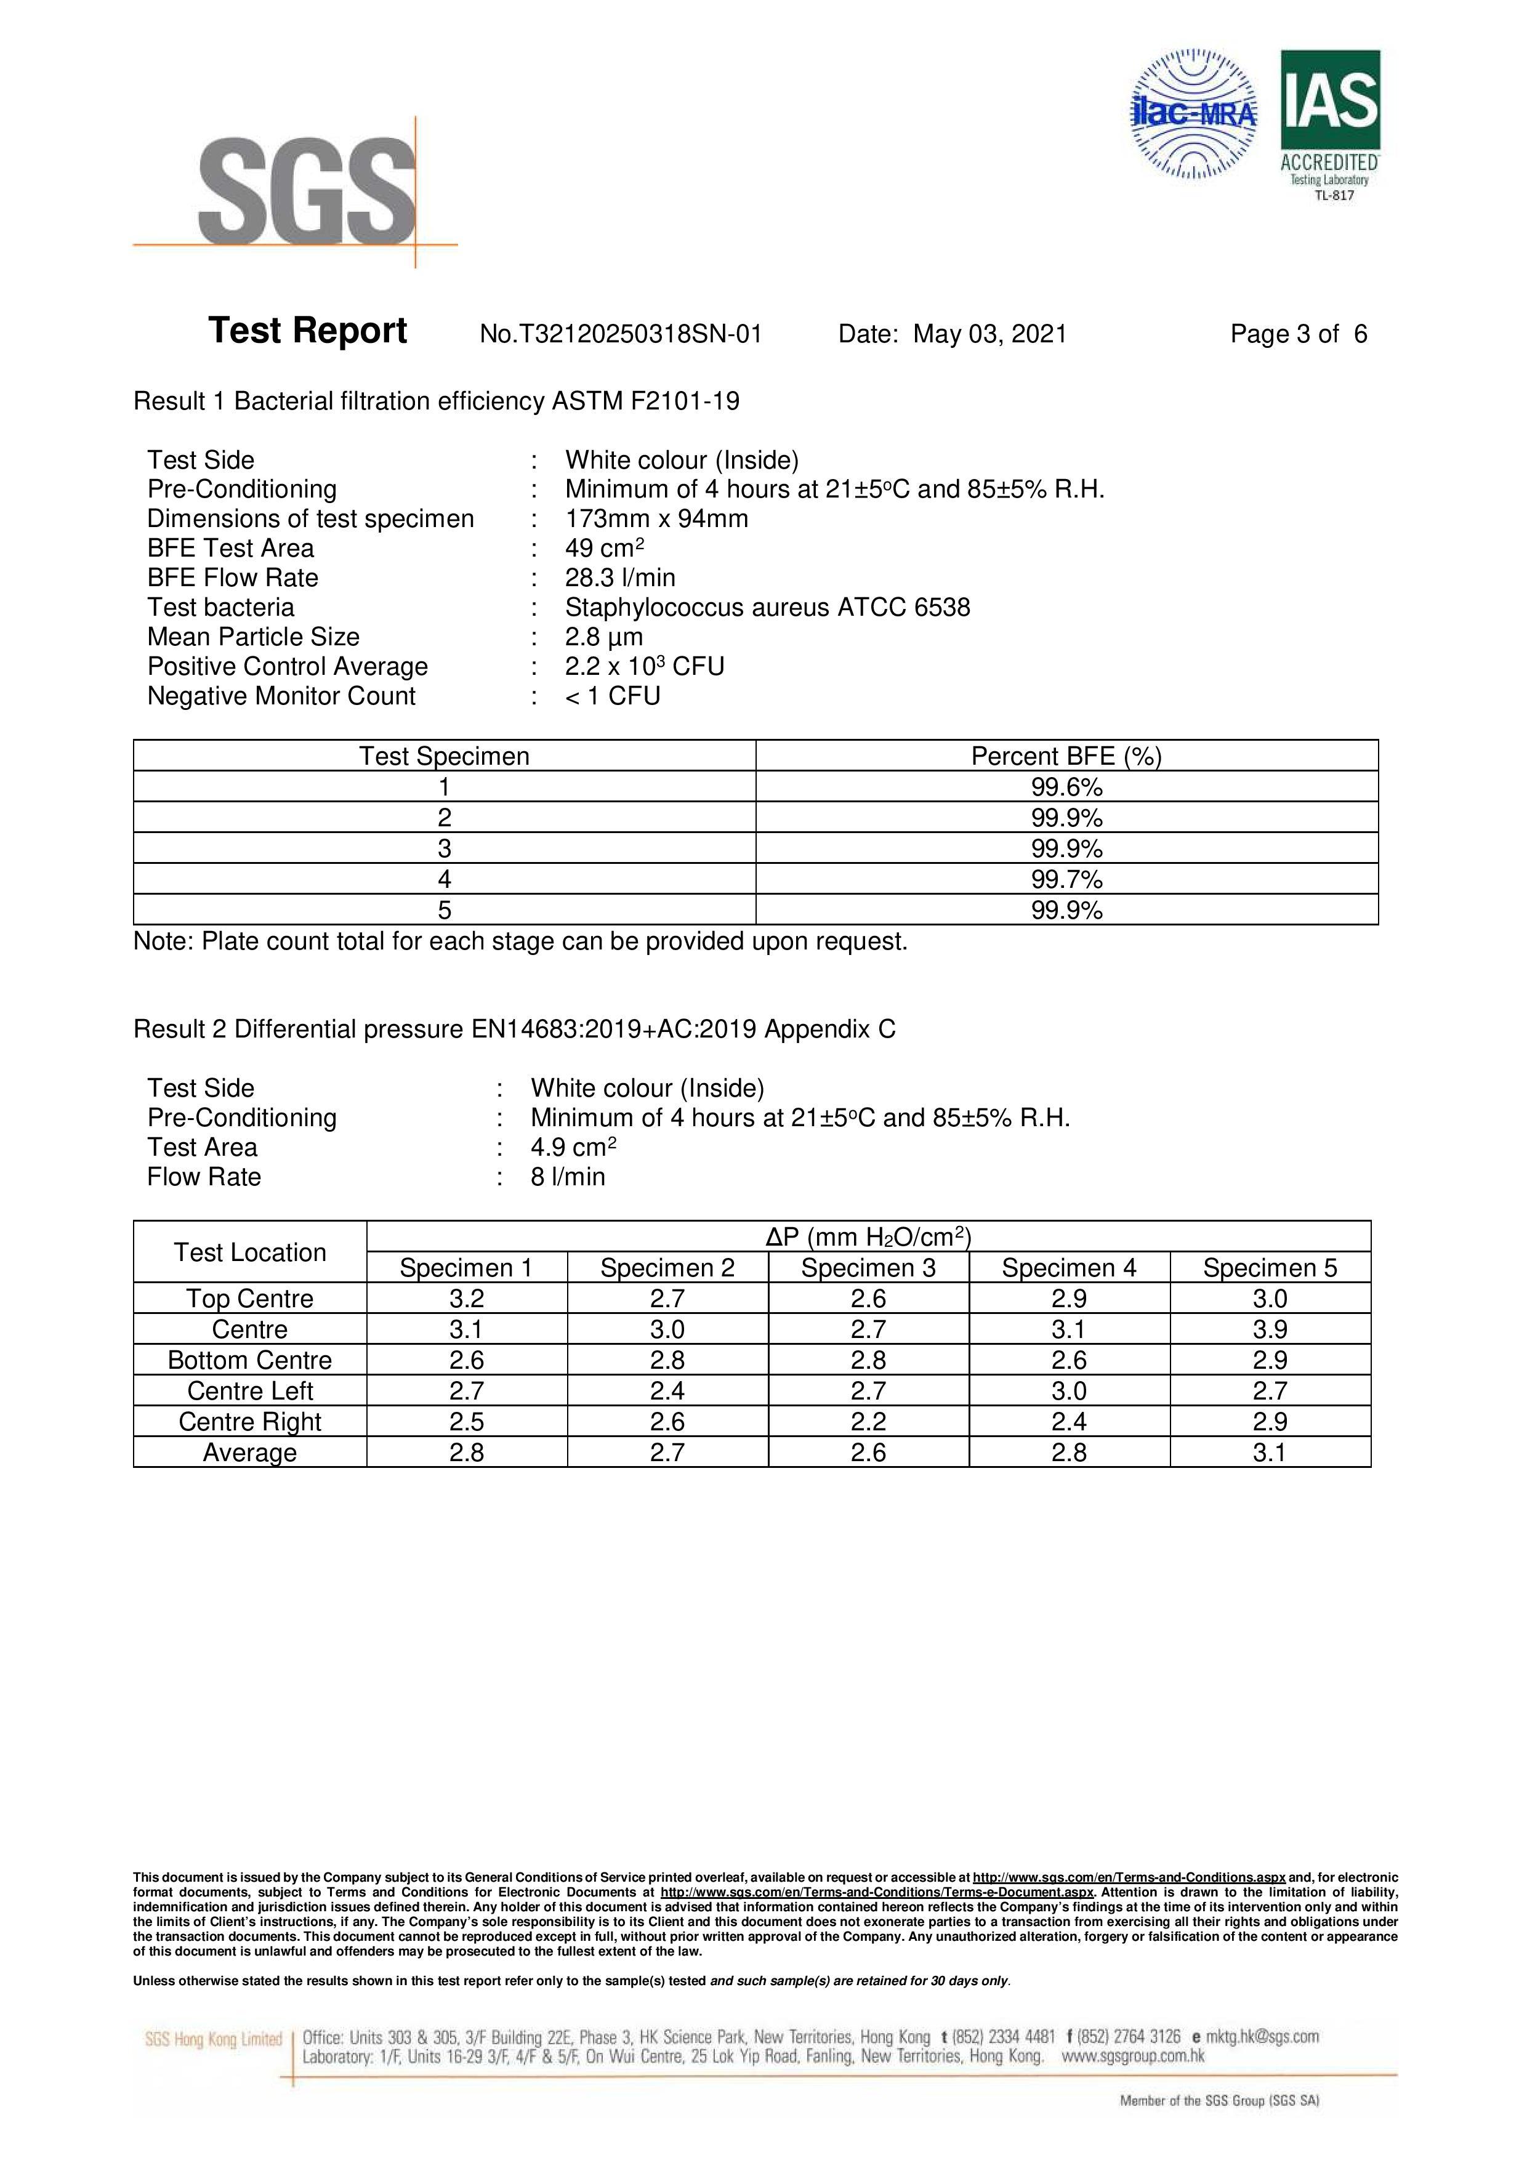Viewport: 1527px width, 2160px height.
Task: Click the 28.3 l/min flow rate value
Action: (x=620, y=578)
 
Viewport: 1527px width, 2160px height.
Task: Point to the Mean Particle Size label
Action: (x=253, y=637)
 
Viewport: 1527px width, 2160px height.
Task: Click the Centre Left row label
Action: (x=249, y=1390)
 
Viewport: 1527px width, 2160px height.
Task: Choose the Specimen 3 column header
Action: (x=868, y=1267)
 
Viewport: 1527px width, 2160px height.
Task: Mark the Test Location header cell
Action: (x=249, y=1252)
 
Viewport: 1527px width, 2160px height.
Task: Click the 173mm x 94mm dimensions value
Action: (x=657, y=518)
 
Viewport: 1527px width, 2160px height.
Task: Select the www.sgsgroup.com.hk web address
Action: (x=1133, y=2055)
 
